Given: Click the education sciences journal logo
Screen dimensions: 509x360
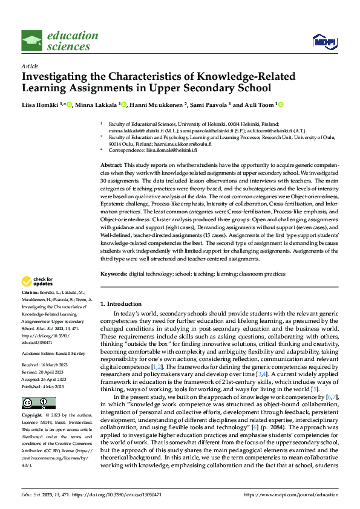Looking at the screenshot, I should pos(59,41).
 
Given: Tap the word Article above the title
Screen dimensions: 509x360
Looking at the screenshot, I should pos(30,66).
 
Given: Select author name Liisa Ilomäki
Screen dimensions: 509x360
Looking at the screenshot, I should pos(43,105).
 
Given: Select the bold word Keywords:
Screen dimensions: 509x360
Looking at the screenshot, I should pos(114,274).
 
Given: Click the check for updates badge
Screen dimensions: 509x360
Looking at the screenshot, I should pos(38,281).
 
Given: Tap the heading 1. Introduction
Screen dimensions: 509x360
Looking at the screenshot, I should pos(121,304).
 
